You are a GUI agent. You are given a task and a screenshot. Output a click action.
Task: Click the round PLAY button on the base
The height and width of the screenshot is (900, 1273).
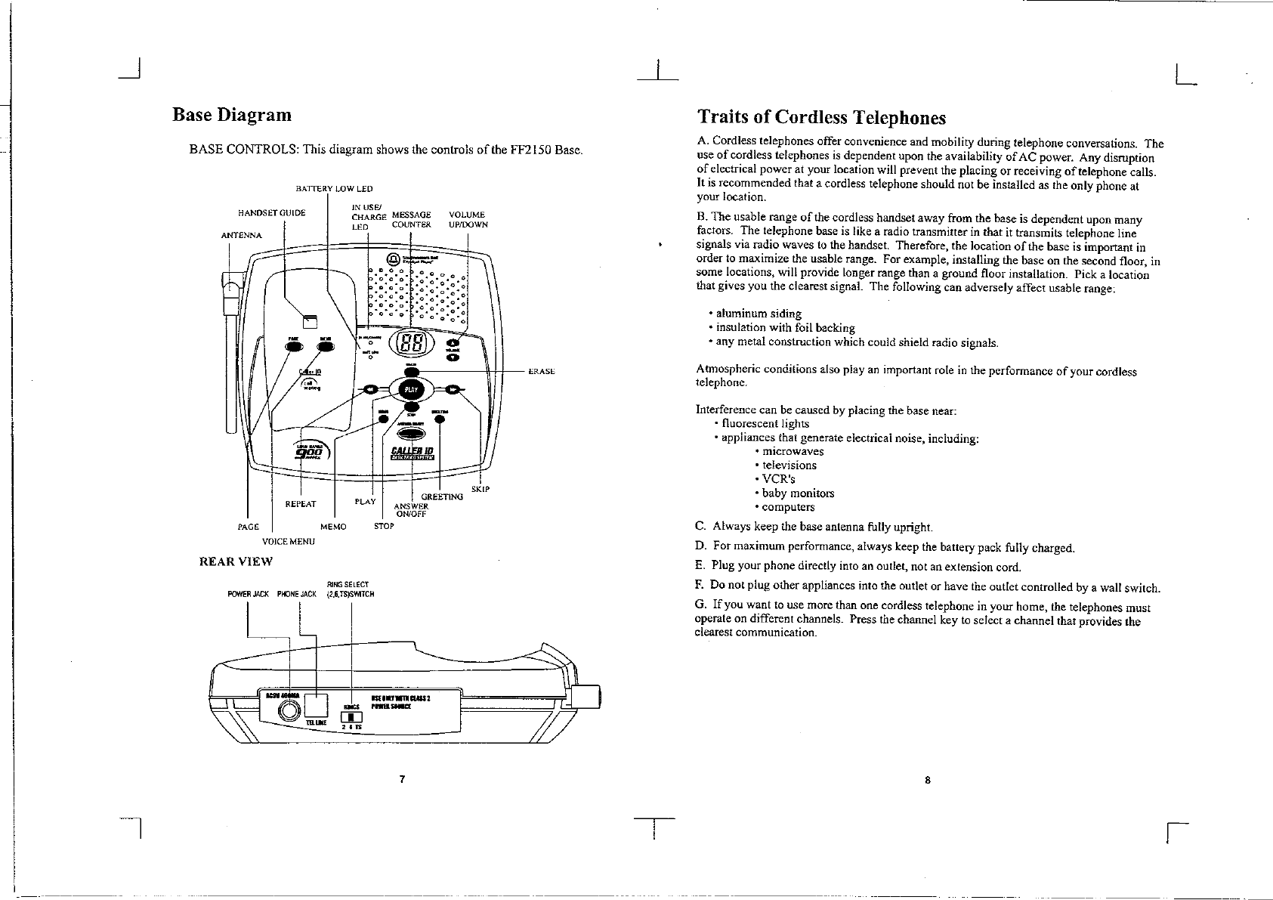point(411,389)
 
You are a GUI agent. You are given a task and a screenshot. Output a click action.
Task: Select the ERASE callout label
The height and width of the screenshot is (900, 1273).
point(542,371)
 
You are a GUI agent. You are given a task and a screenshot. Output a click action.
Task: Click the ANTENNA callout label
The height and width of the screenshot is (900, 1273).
point(241,235)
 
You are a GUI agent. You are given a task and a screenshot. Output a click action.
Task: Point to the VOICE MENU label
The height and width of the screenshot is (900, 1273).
point(288,541)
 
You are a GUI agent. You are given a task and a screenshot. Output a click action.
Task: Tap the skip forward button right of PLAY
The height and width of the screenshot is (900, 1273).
point(453,389)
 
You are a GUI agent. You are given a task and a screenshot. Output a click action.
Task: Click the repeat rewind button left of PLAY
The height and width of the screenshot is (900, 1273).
point(369,389)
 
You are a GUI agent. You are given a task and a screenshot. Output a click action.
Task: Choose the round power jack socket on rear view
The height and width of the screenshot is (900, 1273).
point(289,710)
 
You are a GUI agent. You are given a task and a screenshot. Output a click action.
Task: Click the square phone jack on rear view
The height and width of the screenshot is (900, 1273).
point(315,705)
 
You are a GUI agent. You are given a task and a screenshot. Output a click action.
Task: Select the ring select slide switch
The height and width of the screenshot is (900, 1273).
point(352,718)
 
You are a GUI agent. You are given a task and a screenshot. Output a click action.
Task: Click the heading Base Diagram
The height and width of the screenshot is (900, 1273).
point(232,115)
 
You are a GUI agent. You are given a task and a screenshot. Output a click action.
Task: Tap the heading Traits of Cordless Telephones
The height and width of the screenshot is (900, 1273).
point(821,117)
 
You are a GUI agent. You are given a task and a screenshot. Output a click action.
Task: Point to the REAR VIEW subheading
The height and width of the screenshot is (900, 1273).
point(235,561)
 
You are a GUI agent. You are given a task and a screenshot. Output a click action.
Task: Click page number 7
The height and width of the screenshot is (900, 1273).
point(403,780)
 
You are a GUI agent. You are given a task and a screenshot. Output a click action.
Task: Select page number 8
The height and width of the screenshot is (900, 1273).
point(927,781)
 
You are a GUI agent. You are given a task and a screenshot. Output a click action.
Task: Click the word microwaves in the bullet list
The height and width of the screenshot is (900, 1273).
point(793,451)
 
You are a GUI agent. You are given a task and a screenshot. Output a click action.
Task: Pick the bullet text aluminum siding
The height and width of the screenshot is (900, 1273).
point(759,313)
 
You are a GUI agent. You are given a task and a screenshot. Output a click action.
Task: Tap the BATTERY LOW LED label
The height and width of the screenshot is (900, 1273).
point(334,189)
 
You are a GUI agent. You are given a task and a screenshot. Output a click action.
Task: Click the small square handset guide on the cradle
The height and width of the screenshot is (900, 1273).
point(310,319)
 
